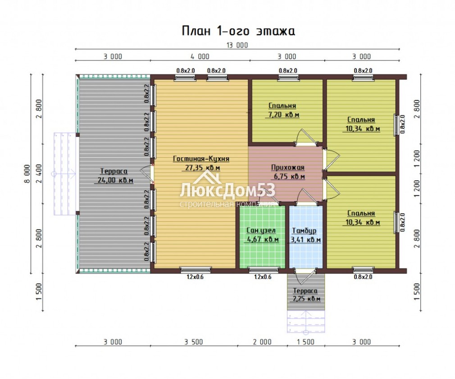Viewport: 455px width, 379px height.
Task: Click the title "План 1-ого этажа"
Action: click(x=238, y=31)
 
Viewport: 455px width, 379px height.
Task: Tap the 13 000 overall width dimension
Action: click(x=237, y=45)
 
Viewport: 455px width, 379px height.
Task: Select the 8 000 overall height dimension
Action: click(x=27, y=174)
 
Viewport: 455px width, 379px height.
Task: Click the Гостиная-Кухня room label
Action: click(x=201, y=159)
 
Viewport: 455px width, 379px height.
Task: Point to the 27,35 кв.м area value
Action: click(x=203, y=168)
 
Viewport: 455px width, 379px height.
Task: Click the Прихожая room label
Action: click(x=288, y=168)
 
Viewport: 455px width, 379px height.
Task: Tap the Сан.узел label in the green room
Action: click(x=261, y=231)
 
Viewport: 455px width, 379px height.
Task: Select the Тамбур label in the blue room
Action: click(x=304, y=231)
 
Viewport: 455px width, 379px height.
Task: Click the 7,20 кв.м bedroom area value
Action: click(x=282, y=115)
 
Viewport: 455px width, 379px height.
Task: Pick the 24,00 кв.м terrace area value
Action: click(x=114, y=180)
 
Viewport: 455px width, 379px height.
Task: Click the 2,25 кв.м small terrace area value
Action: click(x=305, y=299)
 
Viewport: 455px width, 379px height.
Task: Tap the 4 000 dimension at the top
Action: click(x=200, y=57)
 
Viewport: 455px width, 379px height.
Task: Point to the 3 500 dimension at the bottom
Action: click(x=194, y=342)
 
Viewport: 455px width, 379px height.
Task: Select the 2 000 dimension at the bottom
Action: click(x=262, y=342)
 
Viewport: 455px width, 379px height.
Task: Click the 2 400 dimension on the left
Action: click(x=39, y=174)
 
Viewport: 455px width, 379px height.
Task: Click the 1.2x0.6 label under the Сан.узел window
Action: click(x=263, y=277)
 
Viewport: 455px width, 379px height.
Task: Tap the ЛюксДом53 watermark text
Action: click(x=227, y=191)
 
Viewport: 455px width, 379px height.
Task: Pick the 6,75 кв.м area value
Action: click(x=289, y=177)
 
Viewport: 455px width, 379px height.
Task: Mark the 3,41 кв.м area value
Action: click(x=306, y=240)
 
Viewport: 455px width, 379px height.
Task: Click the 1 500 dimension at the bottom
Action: click(x=305, y=342)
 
